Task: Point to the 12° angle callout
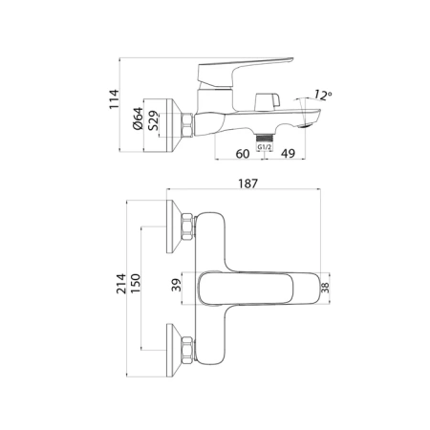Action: [x=320, y=94]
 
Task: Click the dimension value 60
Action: [x=242, y=154]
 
